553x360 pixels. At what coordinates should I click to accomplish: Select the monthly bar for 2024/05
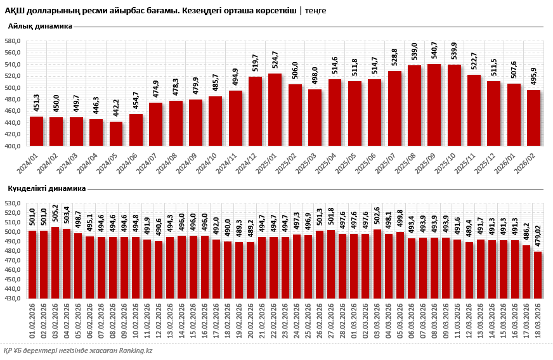click(x=116, y=133)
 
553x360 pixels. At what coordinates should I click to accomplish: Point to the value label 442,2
click(x=116, y=110)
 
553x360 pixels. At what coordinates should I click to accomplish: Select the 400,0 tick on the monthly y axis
click(x=13, y=146)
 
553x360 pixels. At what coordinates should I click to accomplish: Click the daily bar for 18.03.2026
click(x=538, y=274)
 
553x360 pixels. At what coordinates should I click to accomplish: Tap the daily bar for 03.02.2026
click(x=55, y=262)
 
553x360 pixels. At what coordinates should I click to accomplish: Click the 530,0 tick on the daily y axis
click(x=13, y=203)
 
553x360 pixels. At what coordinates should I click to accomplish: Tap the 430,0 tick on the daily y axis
click(x=13, y=298)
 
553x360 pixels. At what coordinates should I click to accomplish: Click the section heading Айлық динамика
click(x=40, y=26)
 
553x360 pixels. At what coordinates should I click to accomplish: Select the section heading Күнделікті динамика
click(x=46, y=188)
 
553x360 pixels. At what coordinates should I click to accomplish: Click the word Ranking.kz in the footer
click(x=132, y=350)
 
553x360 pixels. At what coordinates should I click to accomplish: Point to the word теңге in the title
click(x=315, y=11)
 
